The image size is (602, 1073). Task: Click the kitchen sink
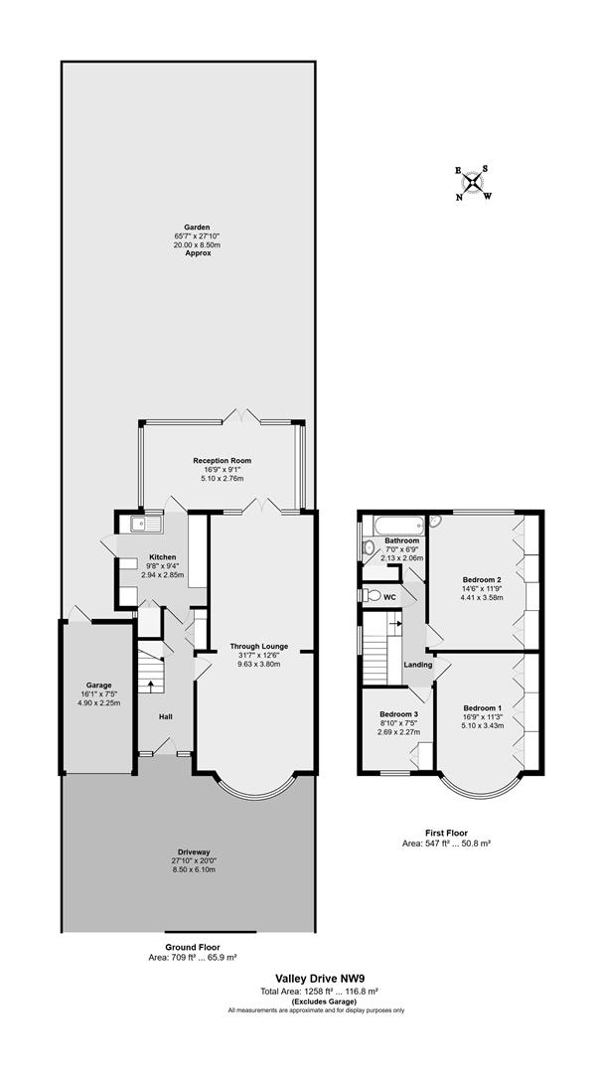pyautogui.click(x=145, y=525)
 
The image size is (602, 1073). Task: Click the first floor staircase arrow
pyautogui.click(x=394, y=624)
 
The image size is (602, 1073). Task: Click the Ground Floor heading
pyautogui.click(x=193, y=947)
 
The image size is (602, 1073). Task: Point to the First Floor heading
pyautogui.click(x=446, y=834)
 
